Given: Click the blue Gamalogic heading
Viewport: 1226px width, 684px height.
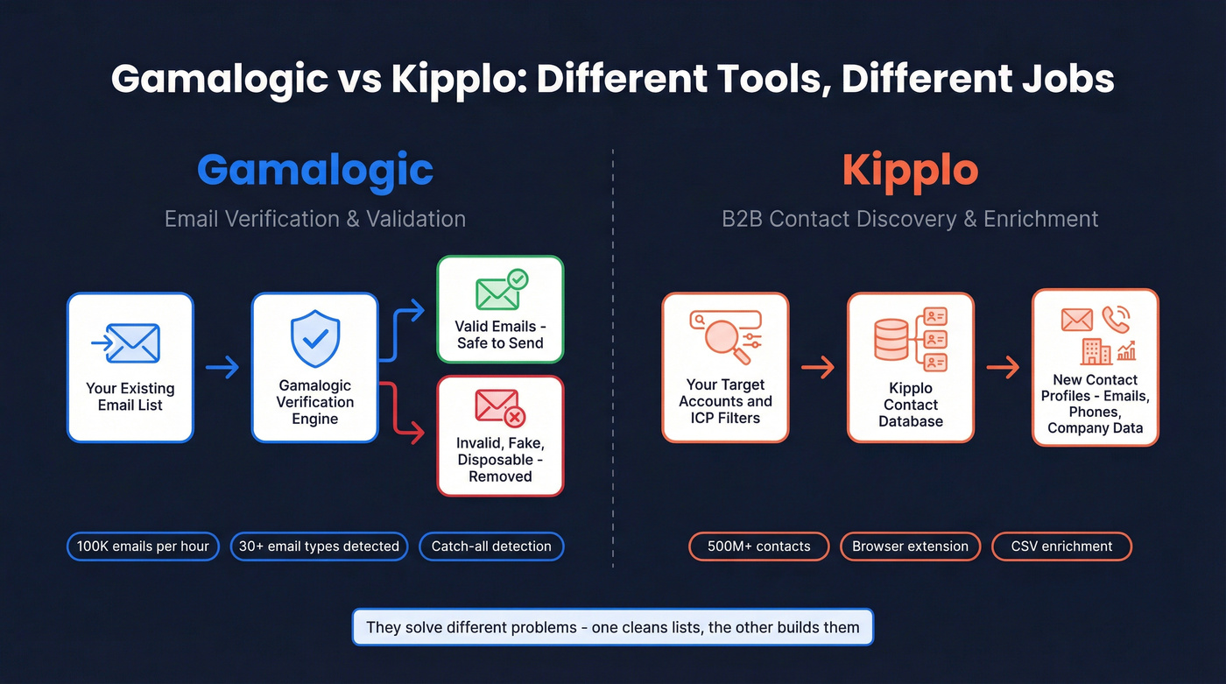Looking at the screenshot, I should pos(315,169).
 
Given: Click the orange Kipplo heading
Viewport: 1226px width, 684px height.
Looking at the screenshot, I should pos(910,169).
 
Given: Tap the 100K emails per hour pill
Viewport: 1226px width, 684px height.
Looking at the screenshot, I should pos(143,546).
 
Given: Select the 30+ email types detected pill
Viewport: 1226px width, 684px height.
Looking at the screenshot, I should pos(319,546).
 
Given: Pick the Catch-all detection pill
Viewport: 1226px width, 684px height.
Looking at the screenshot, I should pos(491,546).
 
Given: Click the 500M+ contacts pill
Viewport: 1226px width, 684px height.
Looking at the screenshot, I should pos(759,546).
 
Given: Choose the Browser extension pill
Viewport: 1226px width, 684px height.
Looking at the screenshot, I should pos(910,546).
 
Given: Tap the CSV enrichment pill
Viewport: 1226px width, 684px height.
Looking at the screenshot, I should pos(1061,546).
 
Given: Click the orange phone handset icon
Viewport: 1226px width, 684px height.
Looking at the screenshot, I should pos(1116,320).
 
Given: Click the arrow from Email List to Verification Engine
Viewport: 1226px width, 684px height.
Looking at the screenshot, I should pos(222,367).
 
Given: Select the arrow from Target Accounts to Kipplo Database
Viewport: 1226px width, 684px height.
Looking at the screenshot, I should pos(818,367).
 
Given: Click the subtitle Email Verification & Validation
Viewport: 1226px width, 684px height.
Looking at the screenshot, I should pos(315,218).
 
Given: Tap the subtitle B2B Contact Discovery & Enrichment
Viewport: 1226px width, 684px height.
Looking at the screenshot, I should pos(910,218).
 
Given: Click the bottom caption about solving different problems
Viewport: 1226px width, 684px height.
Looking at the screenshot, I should pos(613,627).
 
